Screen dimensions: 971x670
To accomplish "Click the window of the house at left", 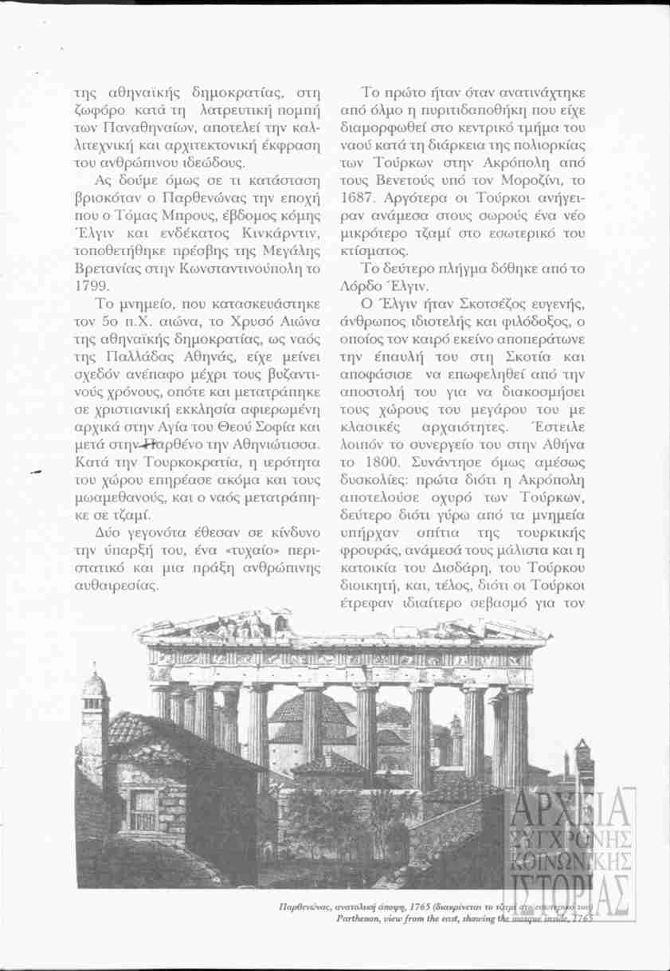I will (143, 810).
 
